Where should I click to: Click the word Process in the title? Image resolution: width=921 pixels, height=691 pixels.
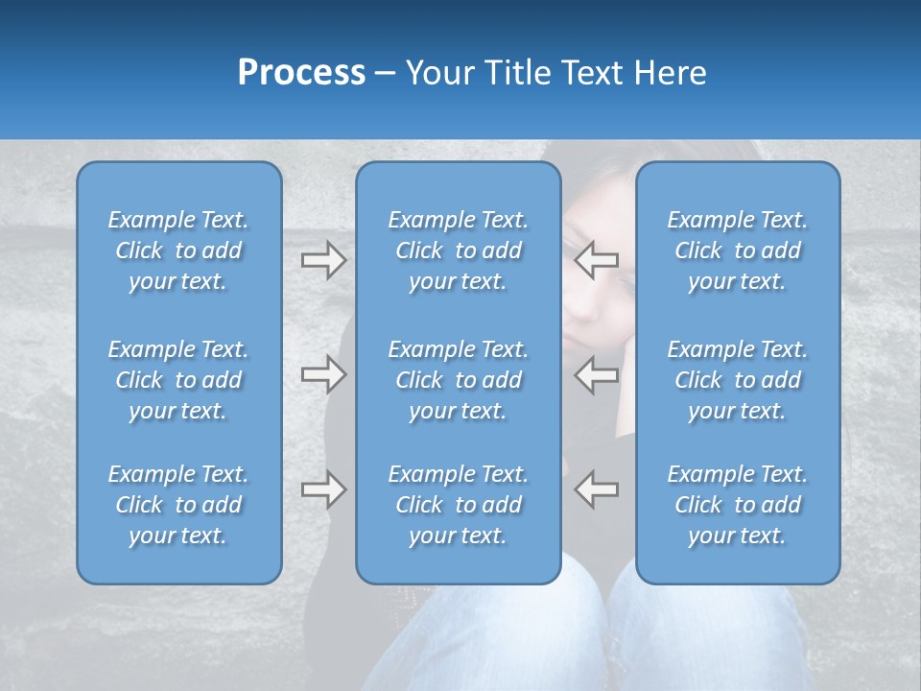[301, 73]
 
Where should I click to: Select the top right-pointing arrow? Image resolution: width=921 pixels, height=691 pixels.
[323, 260]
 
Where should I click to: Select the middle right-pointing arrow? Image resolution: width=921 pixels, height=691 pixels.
[323, 374]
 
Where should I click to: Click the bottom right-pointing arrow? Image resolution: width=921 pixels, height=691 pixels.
[323, 489]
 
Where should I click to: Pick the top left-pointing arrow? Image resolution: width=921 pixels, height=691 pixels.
[597, 260]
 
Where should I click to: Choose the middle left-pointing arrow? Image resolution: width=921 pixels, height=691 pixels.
[597, 374]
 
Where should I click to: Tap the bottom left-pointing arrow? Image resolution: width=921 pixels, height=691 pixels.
[597, 489]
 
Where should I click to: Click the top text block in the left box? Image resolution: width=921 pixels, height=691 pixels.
[178, 250]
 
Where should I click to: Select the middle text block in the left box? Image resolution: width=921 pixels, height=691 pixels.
[178, 380]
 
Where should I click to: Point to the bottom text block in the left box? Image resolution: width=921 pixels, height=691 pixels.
[178, 505]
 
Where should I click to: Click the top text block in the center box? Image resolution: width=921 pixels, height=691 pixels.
[458, 250]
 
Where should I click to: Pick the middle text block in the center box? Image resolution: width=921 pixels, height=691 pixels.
[458, 380]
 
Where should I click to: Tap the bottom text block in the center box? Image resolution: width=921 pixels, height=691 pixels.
[458, 505]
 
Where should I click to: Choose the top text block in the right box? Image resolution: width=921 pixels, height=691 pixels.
[737, 250]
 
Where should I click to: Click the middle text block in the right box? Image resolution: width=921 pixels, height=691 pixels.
[737, 380]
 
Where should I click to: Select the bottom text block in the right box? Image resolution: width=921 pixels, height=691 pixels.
[737, 505]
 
